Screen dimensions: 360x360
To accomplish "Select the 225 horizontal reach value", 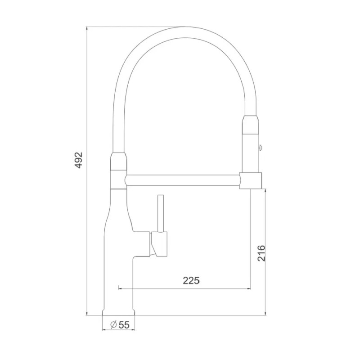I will [x=191, y=280].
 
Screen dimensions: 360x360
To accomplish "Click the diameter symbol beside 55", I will [x=113, y=324].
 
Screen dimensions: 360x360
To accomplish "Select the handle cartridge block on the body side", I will [x=159, y=243].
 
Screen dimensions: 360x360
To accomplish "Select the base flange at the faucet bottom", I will [x=119, y=314].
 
